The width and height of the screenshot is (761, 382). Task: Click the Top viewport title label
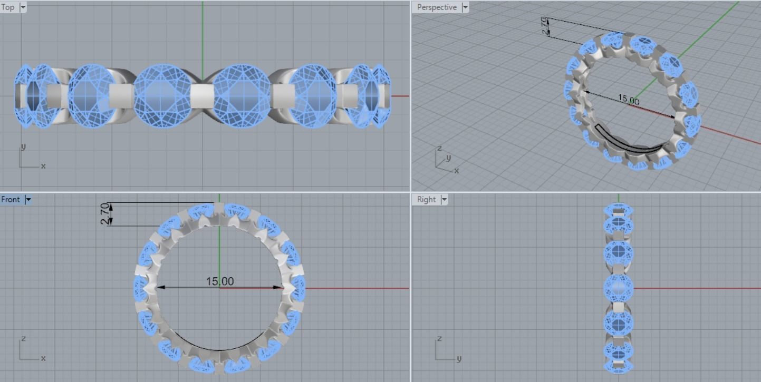coord(8,7)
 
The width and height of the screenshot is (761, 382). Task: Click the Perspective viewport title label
coord(436,7)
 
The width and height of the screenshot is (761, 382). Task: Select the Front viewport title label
coord(11,199)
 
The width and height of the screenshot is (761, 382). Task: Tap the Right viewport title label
coord(426,199)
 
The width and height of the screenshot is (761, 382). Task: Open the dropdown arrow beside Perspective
coord(465,7)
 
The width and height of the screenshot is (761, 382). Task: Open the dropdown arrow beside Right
coord(444,199)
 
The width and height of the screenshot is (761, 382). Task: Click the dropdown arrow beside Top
coord(22,7)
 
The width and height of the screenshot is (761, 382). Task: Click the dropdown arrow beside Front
coord(28,199)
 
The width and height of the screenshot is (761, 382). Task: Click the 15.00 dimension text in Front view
coord(219,281)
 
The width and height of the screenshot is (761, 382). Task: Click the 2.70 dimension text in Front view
coord(105,214)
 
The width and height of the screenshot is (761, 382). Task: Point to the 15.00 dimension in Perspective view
coord(628,100)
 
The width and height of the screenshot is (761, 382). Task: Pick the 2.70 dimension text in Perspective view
coord(545,26)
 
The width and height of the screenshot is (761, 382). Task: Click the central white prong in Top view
coord(201,96)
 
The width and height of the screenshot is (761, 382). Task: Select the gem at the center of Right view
coord(618,288)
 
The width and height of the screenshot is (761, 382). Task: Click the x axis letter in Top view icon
coord(43,166)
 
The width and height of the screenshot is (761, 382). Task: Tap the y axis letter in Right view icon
coord(458,358)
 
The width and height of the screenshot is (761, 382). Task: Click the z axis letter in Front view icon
coord(23,338)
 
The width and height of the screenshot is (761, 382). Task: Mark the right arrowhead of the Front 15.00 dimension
coord(279,288)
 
